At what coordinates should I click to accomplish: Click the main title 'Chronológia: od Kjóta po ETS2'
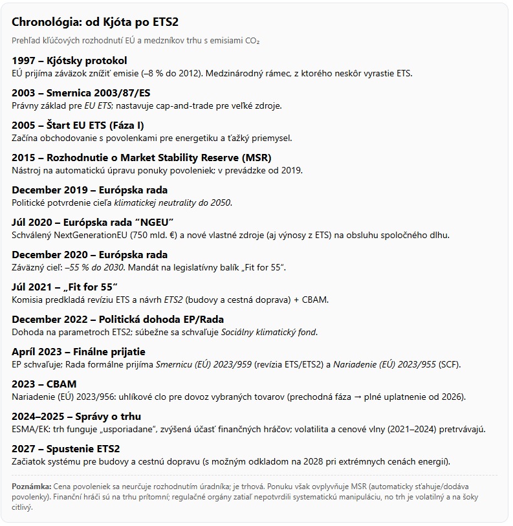(x=95, y=21)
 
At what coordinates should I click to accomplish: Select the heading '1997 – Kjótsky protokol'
(x=69, y=61)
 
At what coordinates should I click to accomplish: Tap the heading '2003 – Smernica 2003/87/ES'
(x=81, y=93)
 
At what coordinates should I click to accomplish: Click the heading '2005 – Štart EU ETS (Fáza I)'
(x=83, y=126)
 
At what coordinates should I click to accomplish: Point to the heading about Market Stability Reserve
(x=141, y=158)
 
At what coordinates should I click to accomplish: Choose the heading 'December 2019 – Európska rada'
(x=89, y=190)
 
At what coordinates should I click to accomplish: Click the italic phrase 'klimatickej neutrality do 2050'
(x=172, y=203)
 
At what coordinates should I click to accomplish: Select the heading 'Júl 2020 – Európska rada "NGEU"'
(x=93, y=223)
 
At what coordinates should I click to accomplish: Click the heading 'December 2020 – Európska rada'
(x=89, y=255)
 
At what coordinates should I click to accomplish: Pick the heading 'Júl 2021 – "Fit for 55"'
(x=65, y=287)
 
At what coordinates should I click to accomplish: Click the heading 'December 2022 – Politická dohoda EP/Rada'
(x=118, y=320)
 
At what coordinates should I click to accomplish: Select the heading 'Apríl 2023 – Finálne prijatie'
(x=78, y=352)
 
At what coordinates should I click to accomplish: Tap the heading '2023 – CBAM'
(x=44, y=384)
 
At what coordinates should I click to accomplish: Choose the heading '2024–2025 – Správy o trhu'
(x=76, y=417)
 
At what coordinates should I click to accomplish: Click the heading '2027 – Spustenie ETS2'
(x=66, y=449)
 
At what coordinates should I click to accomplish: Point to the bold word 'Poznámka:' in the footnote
(x=31, y=486)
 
